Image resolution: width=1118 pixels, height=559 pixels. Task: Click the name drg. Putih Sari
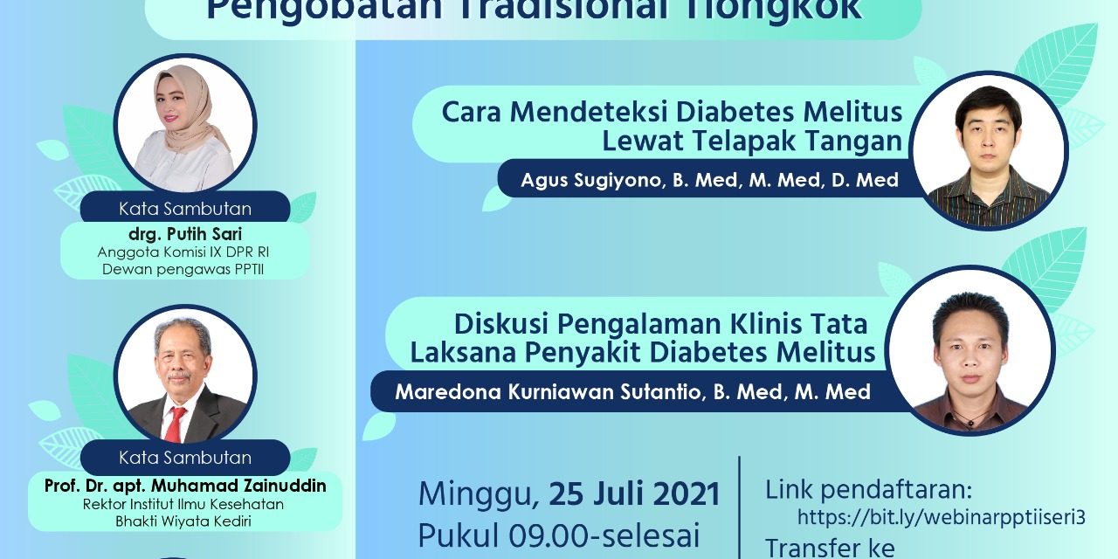click(x=183, y=235)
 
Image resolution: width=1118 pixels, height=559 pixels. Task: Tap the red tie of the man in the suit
click(x=176, y=424)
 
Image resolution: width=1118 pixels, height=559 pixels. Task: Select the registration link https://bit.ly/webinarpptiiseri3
click(x=941, y=517)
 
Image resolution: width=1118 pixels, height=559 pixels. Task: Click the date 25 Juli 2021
click(x=634, y=494)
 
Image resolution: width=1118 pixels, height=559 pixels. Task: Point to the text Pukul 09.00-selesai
click(x=559, y=535)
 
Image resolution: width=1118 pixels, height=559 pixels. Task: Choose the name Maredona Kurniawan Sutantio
click(x=547, y=392)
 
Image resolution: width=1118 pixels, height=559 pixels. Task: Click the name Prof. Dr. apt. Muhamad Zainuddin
click(x=185, y=486)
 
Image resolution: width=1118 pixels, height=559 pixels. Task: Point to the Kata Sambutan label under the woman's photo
click(x=185, y=209)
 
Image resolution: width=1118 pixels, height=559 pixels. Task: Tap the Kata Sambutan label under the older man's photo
click(x=185, y=458)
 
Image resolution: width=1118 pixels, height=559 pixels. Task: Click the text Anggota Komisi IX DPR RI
click(x=183, y=252)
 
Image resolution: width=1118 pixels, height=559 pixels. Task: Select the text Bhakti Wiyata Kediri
click(x=183, y=521)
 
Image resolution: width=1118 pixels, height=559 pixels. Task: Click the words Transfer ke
click(x=830, y=548)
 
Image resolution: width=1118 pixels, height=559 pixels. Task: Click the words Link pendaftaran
click(x=868, y=489)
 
